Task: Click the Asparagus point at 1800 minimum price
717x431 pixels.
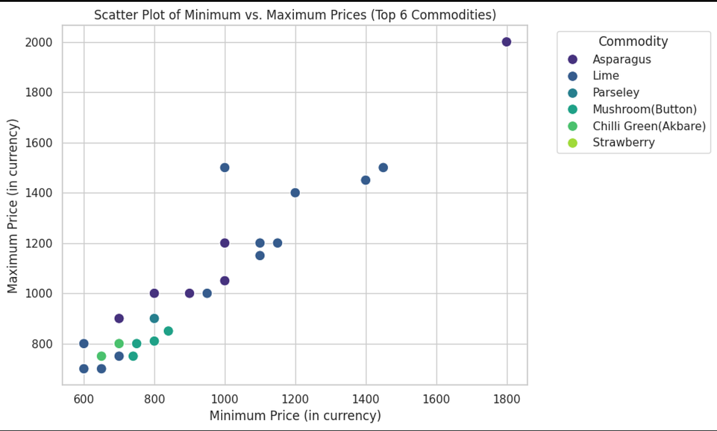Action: [507, 42]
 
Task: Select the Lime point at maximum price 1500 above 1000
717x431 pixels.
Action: [225, 168]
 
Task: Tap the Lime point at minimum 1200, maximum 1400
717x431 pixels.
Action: [295, 193]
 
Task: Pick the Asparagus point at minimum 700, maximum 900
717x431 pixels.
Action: [119, 319]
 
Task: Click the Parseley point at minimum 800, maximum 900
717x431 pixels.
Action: [154, 319]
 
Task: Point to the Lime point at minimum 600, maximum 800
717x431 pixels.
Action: [84, 344]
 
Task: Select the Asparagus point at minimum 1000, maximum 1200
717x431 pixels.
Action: [225, 244]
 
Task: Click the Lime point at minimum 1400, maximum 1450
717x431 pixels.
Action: [366, 180]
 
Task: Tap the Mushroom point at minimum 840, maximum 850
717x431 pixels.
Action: [168, 331]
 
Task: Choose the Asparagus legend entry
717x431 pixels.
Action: [621, 59]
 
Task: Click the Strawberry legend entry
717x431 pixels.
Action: [623, 143]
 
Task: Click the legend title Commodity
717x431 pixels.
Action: [633, 41]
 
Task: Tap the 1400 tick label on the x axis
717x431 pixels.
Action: [366, 397]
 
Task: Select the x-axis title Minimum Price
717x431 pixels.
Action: [295, 415]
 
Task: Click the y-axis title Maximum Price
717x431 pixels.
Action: [13, 205]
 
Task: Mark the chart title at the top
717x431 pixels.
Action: [295, 14]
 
